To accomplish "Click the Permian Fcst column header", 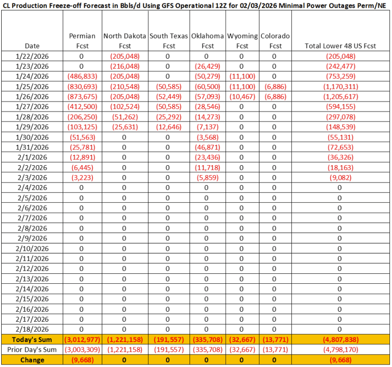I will click(x=82, y=41).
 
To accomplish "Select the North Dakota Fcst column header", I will click(x=124, y=41).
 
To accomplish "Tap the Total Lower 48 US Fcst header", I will click(x=340, y=46).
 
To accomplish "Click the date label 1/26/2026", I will click(x=32, y=97).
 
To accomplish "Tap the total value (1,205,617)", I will click(x=340, y=97).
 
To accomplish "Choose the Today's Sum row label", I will click(x=32, y=339).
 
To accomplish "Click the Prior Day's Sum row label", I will click(x=32, y=349).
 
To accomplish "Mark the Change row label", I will click(x=32, y=360).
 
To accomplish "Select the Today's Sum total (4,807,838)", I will click(x=340, y=339).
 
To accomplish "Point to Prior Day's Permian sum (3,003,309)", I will click(x=82, y=349).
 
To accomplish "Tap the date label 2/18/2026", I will click(x=32, y=329).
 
